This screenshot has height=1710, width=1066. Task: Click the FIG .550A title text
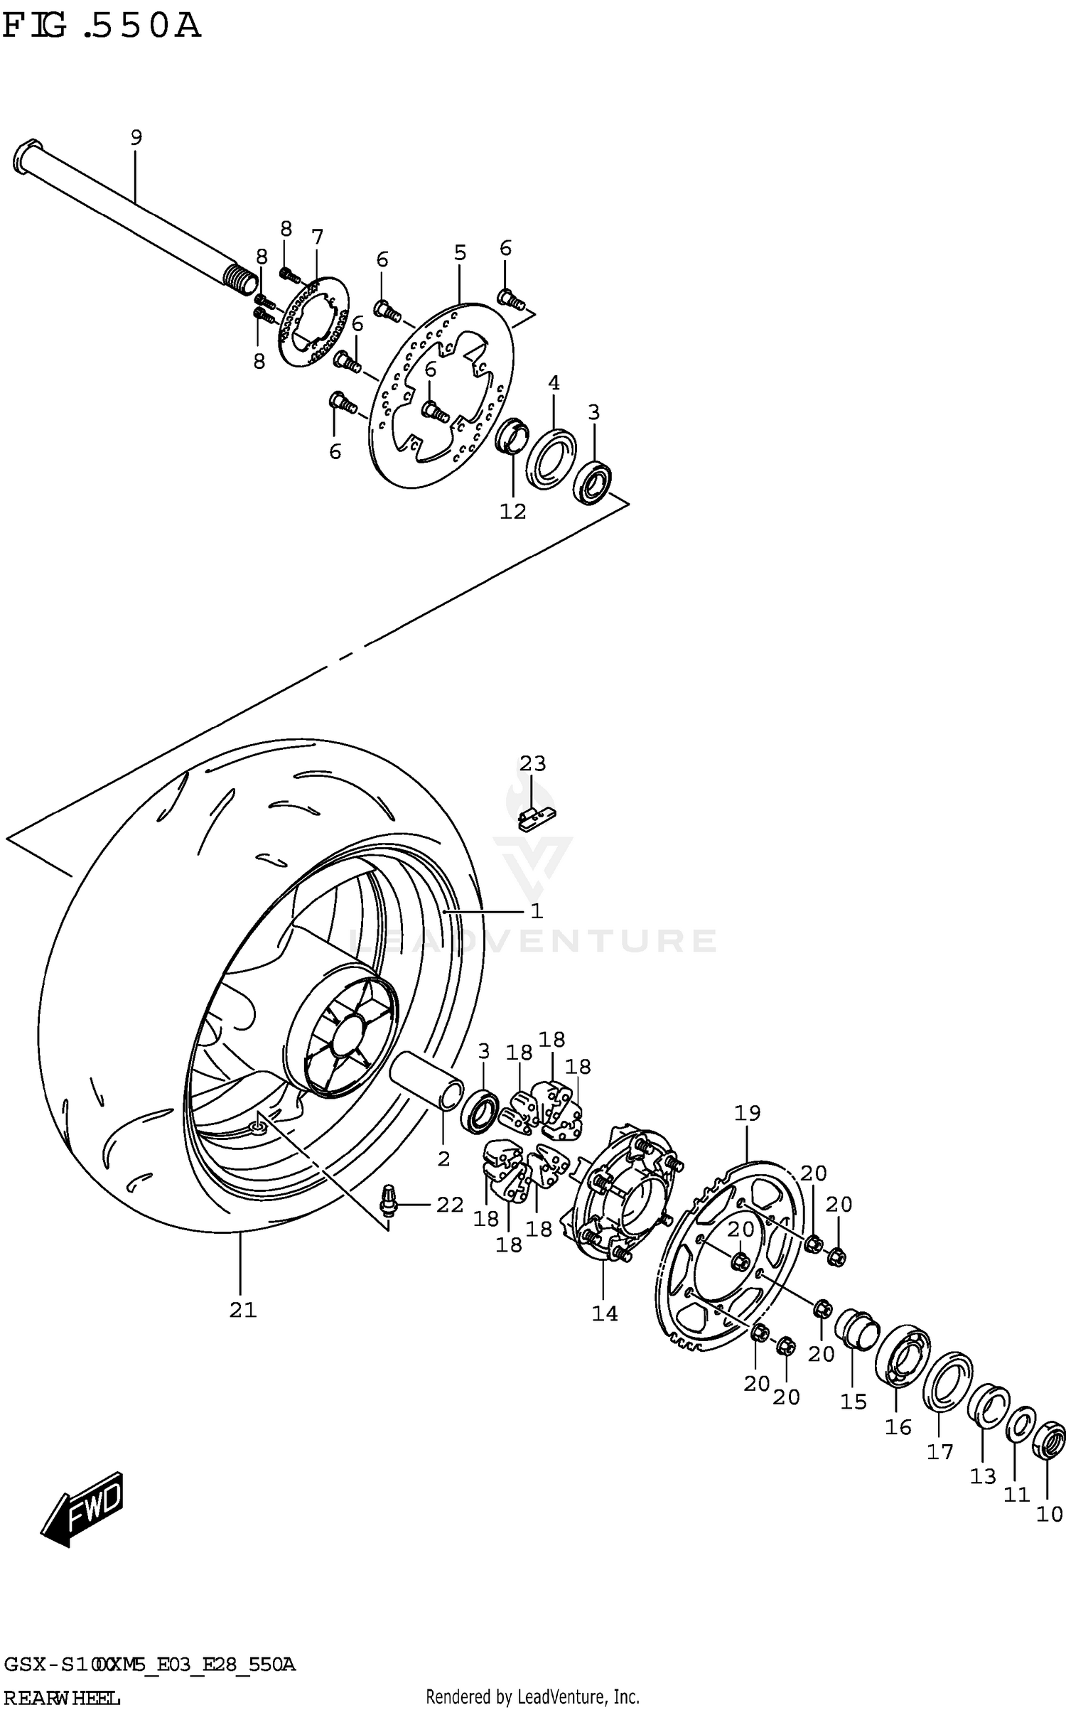102,27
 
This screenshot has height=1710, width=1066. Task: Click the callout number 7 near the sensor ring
317,237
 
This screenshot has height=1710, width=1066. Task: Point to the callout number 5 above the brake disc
460,252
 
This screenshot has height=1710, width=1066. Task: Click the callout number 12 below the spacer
512,511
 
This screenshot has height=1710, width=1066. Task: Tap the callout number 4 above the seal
554,383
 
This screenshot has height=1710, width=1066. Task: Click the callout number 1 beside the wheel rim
537,910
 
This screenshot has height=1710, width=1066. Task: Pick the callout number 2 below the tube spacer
444,1158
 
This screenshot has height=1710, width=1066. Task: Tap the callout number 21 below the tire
242,1309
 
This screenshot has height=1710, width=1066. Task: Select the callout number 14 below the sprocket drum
605,1313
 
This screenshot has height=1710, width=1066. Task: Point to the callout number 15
854,1402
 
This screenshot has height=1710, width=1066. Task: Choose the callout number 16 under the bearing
898,1426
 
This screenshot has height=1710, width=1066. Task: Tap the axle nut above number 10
1049,1439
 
